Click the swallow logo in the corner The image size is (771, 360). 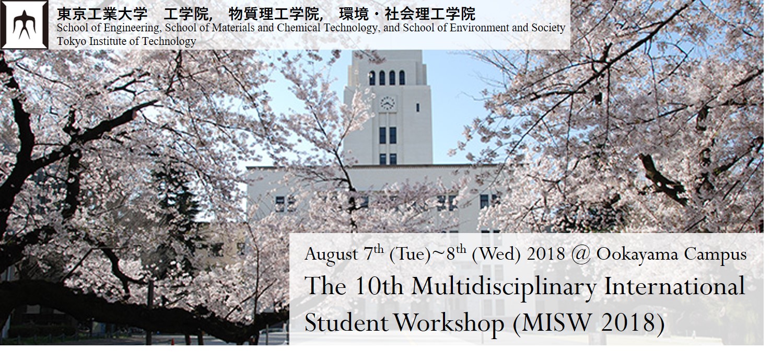(x=24, y=25)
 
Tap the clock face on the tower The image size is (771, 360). (x=387, y=103)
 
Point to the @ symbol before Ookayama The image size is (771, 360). (x=581, y=255)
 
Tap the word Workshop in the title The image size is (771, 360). (x=449, y=323)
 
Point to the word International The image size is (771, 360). (x=675, y=286)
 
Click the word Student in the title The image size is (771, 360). (x=346, y=323)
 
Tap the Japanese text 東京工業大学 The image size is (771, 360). (x=102, y=14)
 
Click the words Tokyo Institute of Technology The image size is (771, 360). (x=126, y=41)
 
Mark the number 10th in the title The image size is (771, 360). (x=378, y=286)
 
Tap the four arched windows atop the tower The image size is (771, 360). (x=387, y=78)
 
